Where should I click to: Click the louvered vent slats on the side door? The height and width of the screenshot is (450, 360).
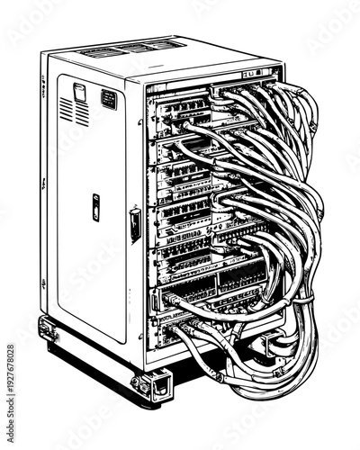(x=74, y=112)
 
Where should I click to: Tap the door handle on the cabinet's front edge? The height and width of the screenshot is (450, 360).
(x=135, y=224)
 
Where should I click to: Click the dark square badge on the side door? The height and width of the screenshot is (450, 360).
(x=108, y=98)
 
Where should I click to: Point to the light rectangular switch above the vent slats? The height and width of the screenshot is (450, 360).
(x=79, y=90)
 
